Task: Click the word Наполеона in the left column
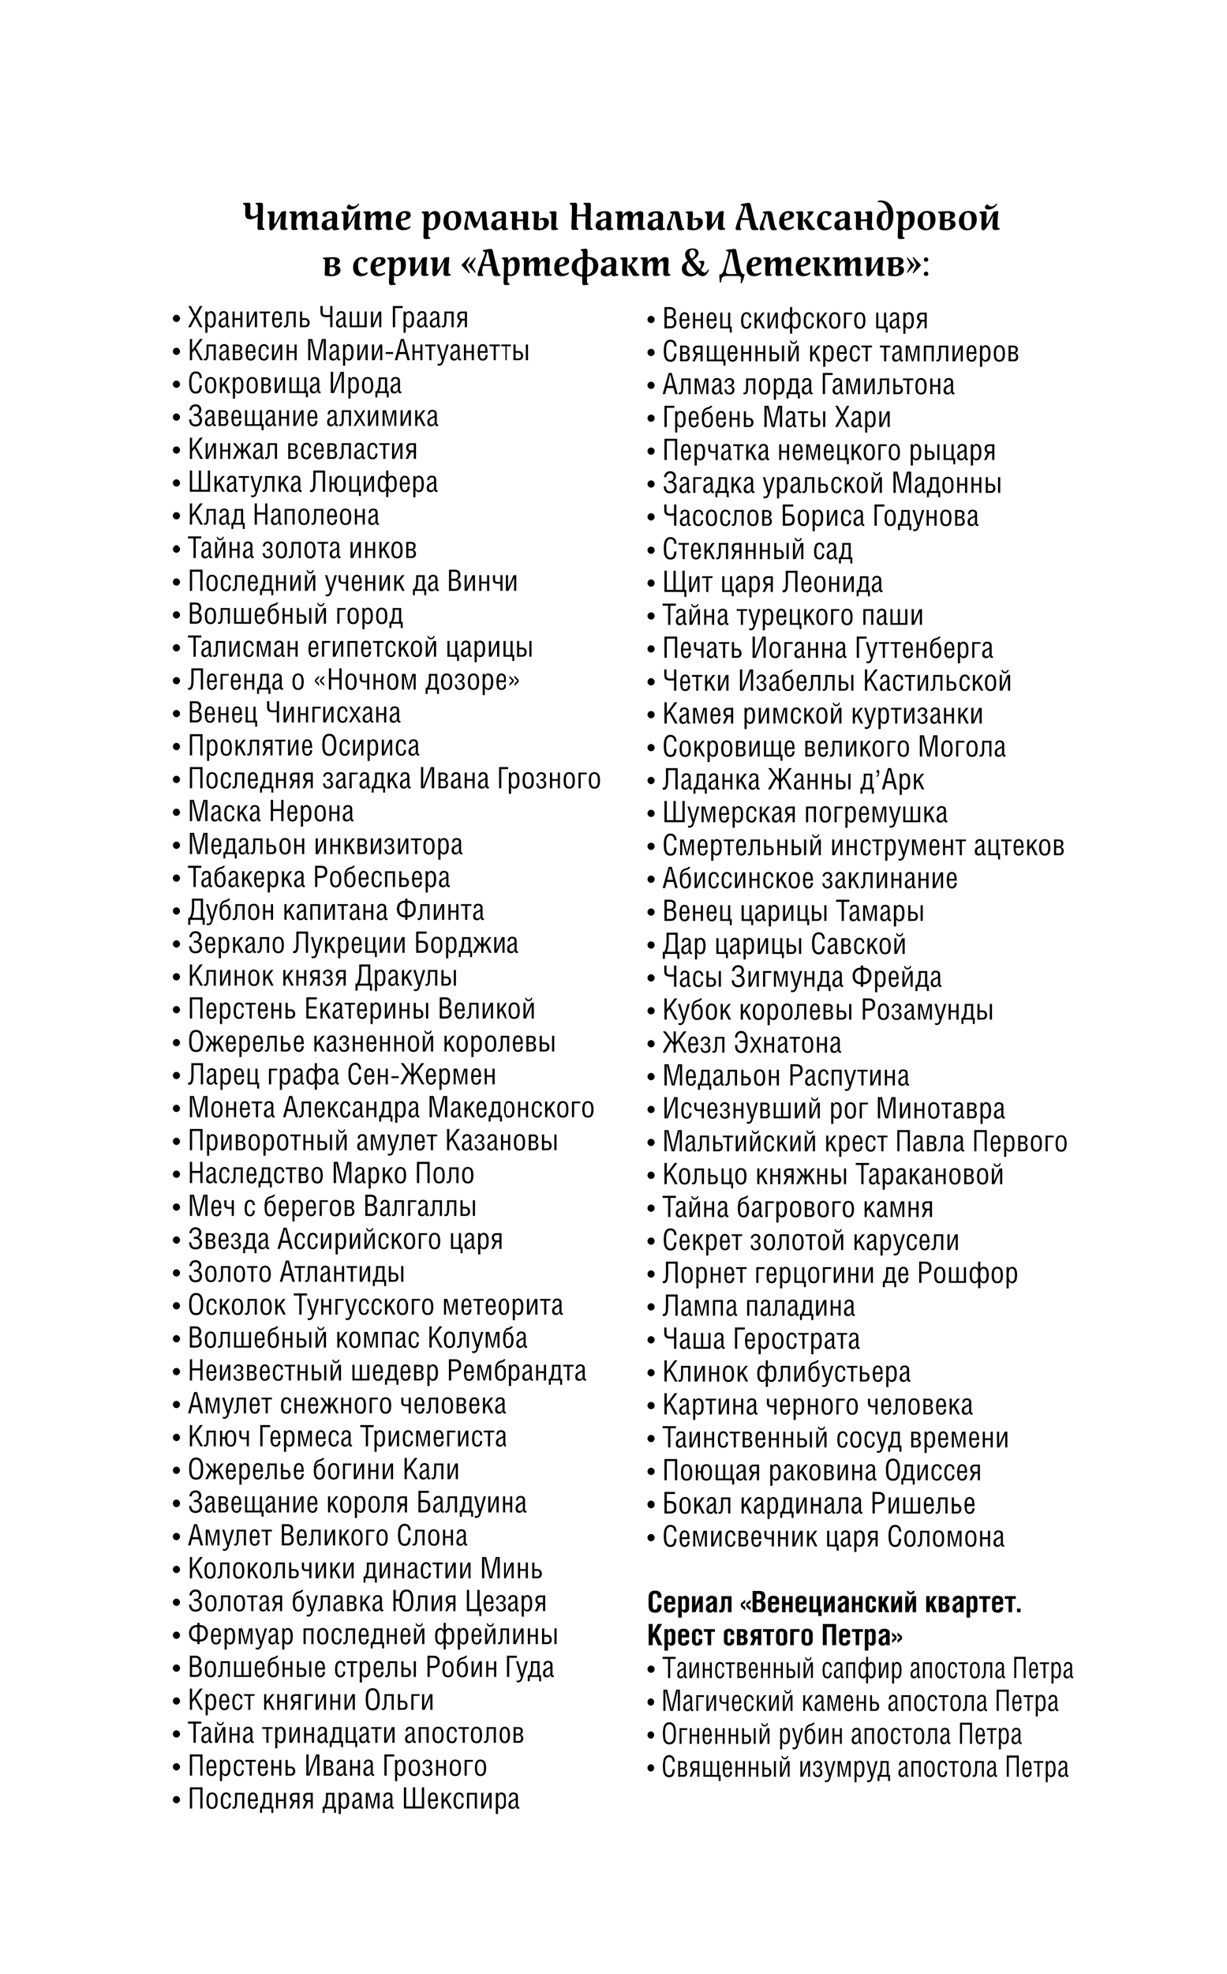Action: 316,516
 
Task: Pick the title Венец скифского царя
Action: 795,319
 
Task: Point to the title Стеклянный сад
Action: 758,550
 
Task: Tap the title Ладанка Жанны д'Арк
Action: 793,780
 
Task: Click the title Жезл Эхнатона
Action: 751,1043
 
